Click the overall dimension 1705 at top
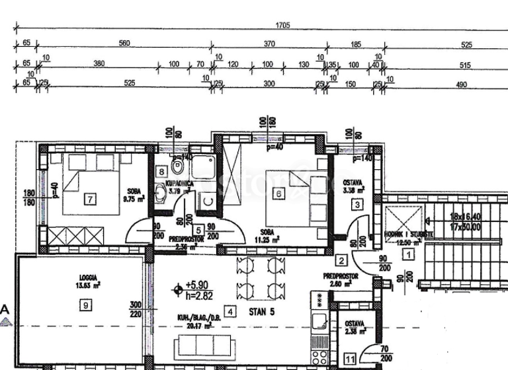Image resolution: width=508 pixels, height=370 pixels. tap(282, 25)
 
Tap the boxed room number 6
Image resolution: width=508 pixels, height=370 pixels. tap(279, 193)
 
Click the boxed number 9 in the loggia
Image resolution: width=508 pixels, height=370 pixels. tap(85, 305)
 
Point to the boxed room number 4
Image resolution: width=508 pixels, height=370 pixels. tap(230, 311)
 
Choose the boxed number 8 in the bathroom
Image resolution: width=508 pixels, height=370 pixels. tap(161, 172)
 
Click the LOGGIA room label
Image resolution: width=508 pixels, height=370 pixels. tap(87, 278)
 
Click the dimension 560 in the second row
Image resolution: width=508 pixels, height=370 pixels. tap(124, 43)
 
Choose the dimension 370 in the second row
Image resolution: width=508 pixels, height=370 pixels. tap(269, 43)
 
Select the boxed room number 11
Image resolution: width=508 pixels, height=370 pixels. tap(350, 359)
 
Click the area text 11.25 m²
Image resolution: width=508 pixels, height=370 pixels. tap(267, 239)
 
